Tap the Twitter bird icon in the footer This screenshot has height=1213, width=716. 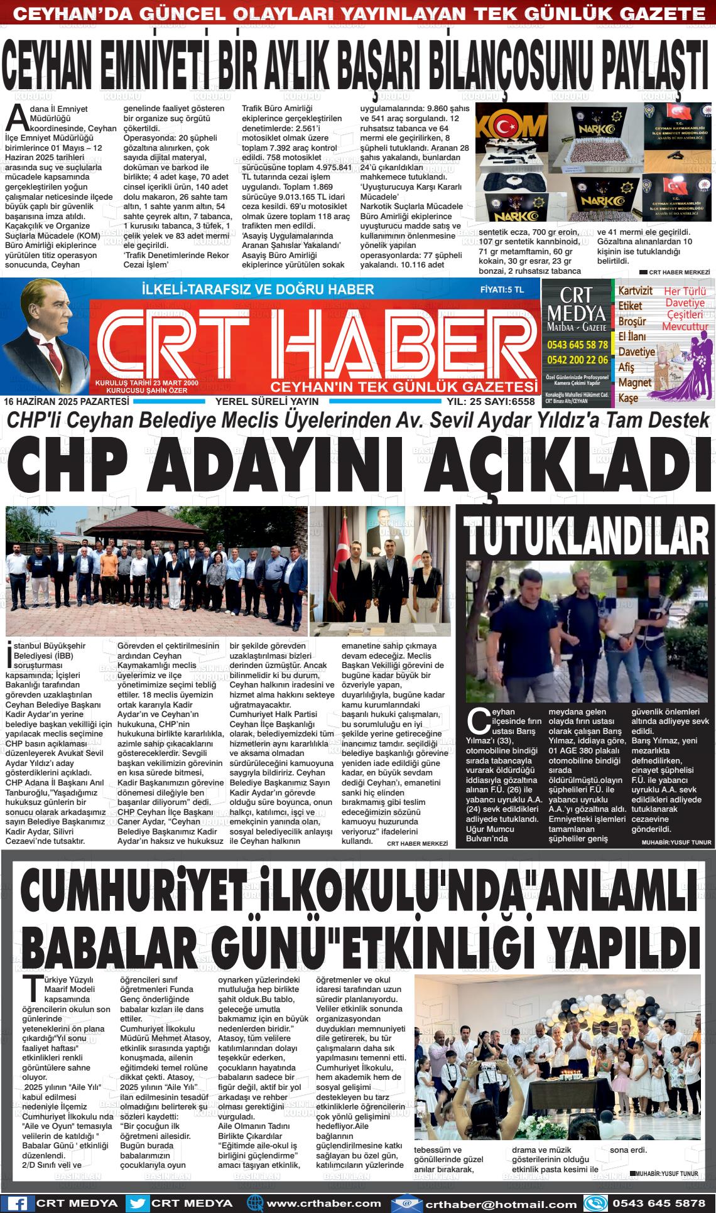pyautogui.click(x=139, y=1204)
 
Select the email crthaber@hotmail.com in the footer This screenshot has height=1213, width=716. pyautogui.click(x=501, y=1204)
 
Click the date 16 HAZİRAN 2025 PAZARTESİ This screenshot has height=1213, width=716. pyautogui.click(x=66, y=401)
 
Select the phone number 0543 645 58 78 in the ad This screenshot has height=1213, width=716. pyautogui.click(x=577, y=345)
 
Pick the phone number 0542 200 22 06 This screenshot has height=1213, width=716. pyautogui.click(x=577, y=360)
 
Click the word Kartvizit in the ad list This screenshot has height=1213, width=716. pyautogui.click(x=635, y=291)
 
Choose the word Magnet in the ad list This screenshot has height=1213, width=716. pyautogui.click(x=635, y=382)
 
